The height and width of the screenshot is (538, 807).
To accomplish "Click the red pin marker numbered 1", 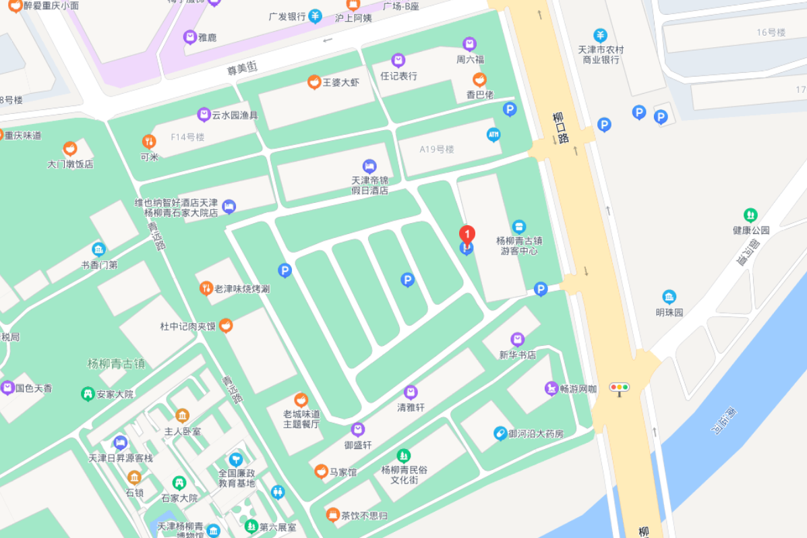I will [467, 235].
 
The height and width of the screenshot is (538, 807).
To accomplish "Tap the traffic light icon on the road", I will [619, 387].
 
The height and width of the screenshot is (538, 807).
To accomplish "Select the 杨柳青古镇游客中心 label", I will [518, 245].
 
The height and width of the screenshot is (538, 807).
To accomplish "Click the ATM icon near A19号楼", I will [494, 135].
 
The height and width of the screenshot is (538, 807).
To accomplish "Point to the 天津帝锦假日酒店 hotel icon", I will [369, 166].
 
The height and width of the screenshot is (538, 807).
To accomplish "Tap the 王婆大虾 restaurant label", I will [341, 82].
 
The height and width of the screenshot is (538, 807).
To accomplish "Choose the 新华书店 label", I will [517, 355].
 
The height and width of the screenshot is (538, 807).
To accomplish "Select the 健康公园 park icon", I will [750, 215].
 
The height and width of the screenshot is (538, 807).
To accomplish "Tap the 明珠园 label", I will [669, 312].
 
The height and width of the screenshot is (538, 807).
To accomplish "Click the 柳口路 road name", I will [560, 127].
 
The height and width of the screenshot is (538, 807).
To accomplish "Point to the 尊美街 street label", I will [242, 67].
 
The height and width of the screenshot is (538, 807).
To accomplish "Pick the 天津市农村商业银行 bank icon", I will [600, 35].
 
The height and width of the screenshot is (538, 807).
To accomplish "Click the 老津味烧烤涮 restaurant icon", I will [206, 289].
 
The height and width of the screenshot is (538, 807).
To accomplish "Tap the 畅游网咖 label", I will [578, 389].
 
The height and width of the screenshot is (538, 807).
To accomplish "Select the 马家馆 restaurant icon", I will [321, 471].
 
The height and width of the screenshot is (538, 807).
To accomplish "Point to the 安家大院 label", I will [115, 394].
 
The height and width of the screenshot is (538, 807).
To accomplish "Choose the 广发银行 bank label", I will [287, 16].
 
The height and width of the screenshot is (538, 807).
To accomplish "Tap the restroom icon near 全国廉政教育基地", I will [278, 492].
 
